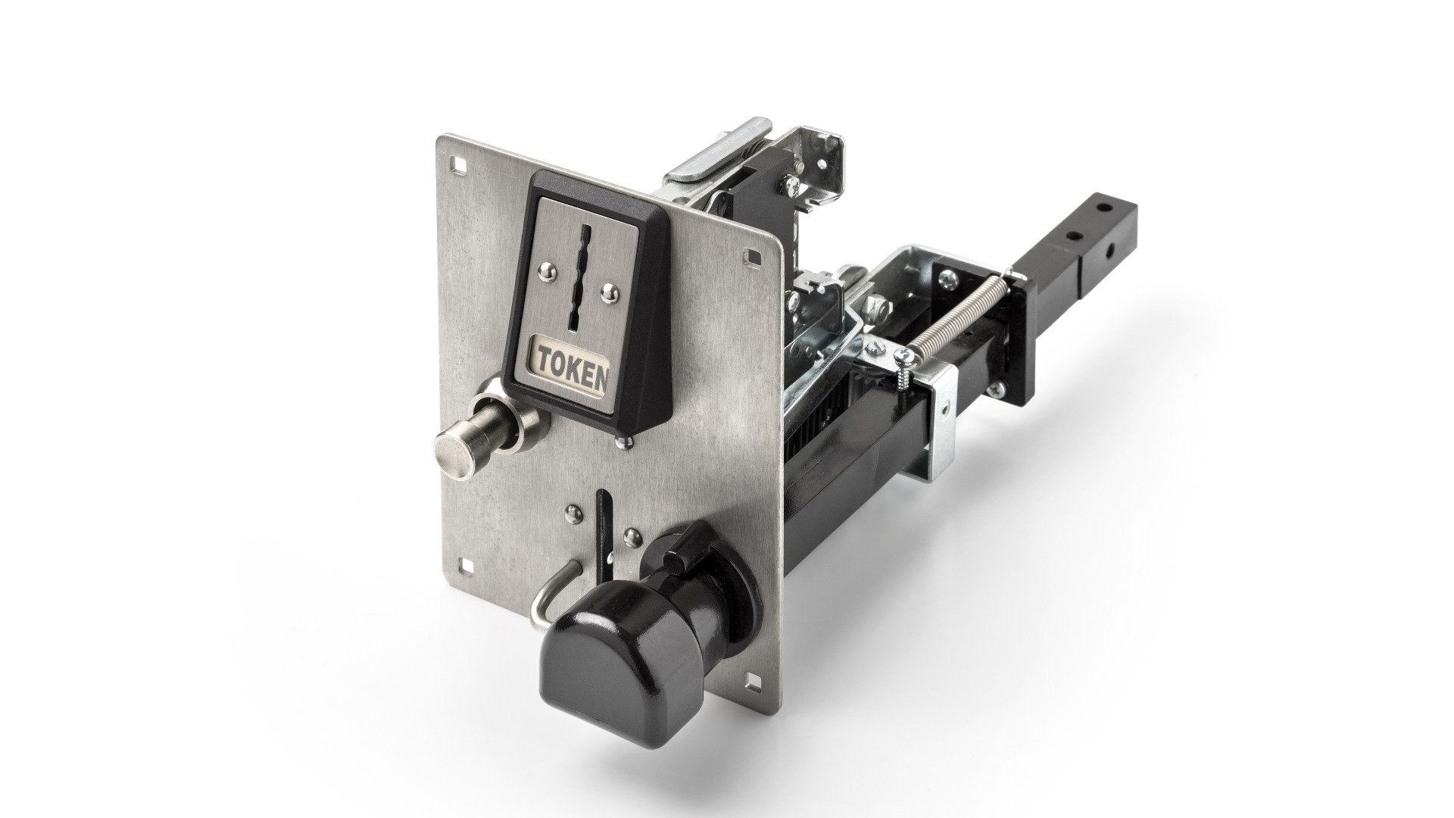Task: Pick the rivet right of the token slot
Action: click(x=607, y=289)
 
